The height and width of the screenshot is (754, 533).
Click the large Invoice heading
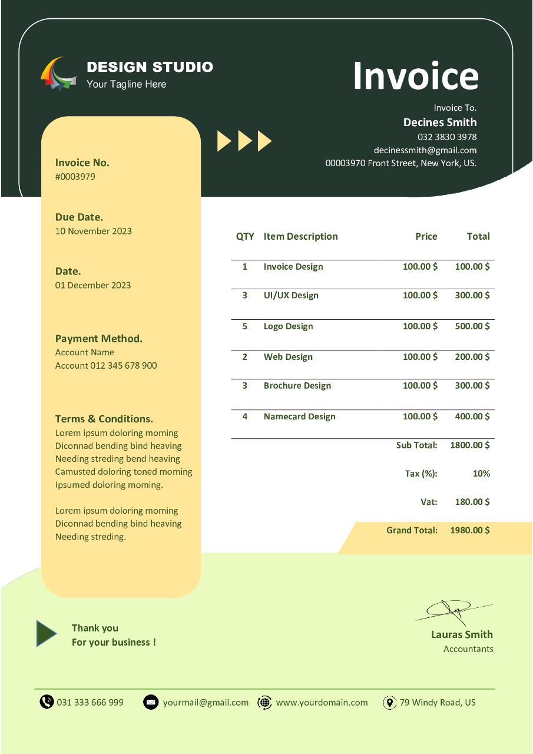point(415,76)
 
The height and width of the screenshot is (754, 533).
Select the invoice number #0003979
point(75,177)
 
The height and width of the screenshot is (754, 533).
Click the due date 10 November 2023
point(94,231)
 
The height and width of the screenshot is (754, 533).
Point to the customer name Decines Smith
point(440,123)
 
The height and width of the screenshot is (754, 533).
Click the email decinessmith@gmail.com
point(425,150)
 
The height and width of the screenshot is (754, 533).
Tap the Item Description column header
point(300,236)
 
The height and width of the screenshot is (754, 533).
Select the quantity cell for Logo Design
point(245,326)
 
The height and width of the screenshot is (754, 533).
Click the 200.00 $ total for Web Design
point(472,357)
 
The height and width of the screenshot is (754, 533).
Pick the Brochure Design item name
point(297,386)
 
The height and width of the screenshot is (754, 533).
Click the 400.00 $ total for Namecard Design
point(472,416)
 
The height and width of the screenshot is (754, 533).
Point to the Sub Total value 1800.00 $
point(470,445)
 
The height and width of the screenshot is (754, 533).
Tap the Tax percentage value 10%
point(481,474)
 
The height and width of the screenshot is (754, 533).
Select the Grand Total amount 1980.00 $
point(470,530)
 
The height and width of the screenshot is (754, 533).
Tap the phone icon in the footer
point(47,702)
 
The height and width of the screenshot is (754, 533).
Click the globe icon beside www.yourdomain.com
point(265,702)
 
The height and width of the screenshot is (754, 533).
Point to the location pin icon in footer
point(389,702)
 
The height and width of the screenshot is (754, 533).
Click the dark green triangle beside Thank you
point(45,634)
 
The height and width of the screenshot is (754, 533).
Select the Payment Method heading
point(99,339)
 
